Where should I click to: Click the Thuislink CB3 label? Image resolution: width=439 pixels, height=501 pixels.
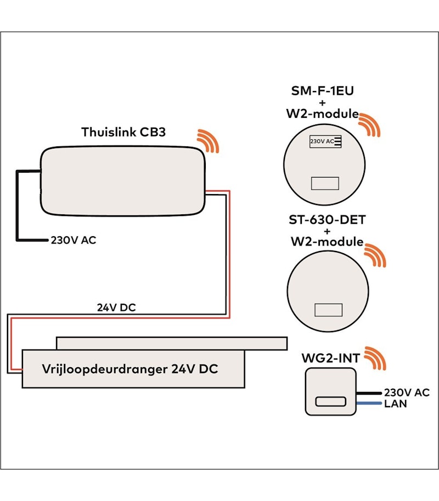[123, 132]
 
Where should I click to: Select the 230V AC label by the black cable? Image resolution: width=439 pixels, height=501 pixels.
[74, 240]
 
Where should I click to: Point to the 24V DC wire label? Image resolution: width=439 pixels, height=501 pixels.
[116, 308]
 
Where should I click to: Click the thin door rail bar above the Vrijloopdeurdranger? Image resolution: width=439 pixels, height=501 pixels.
[171, 343]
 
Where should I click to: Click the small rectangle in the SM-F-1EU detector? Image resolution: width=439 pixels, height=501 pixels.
[325, 183]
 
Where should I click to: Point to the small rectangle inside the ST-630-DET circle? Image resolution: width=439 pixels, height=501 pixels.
[328, 310]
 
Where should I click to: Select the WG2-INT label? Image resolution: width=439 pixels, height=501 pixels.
[331, 358]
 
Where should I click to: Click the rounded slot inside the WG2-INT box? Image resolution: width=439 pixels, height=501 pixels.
[330, 402]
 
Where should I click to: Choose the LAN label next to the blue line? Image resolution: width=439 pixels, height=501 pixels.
[396, 404]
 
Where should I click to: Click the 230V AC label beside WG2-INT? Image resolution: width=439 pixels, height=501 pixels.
[407, 392]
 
